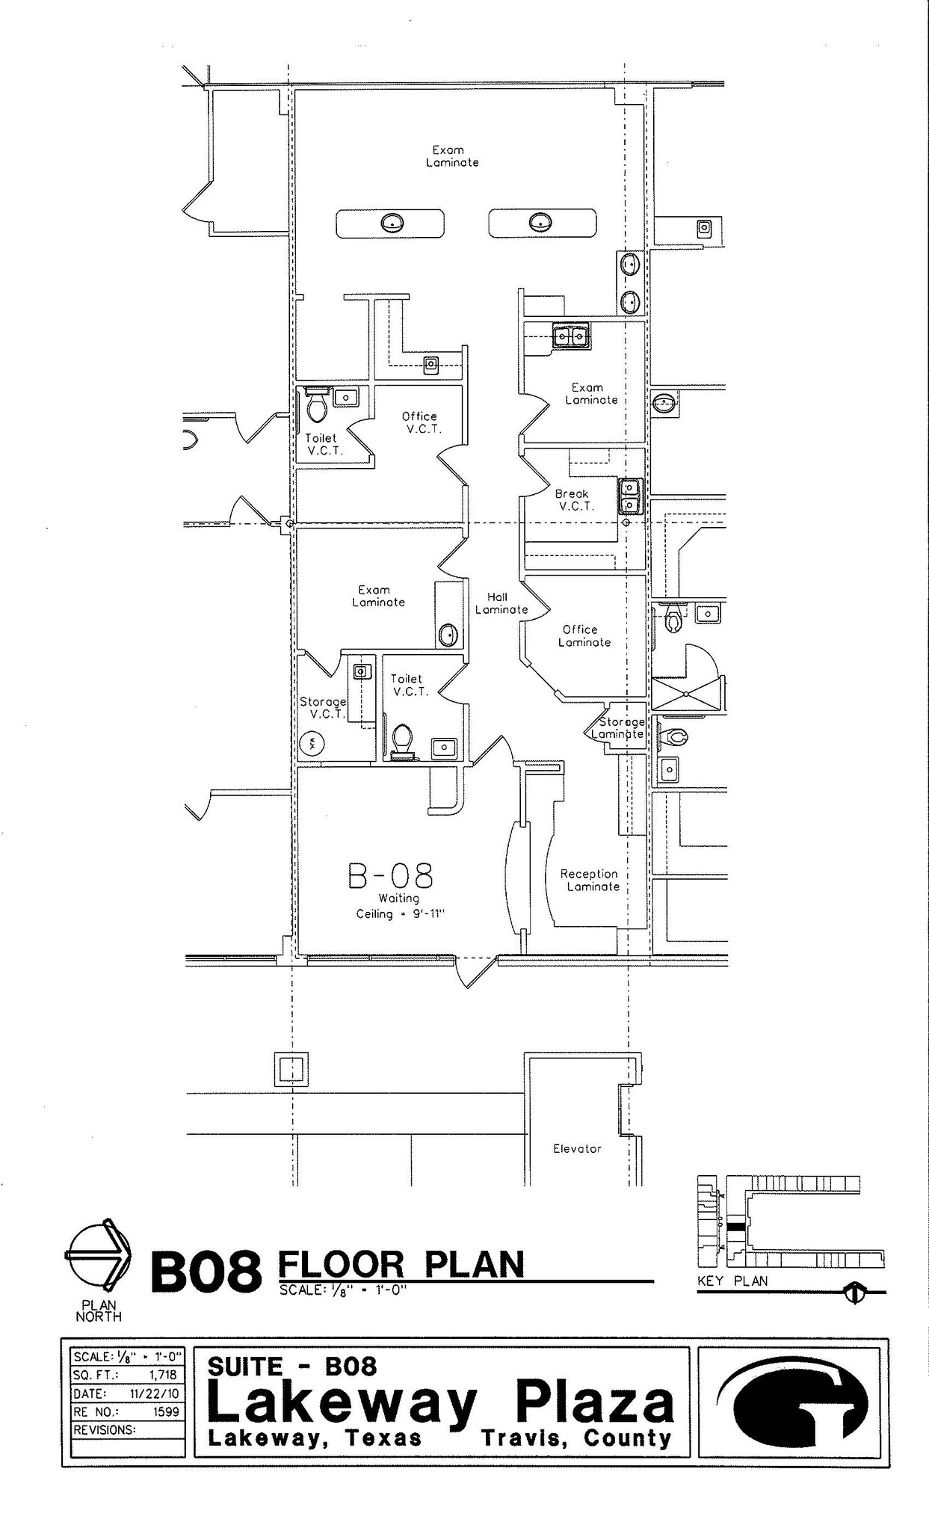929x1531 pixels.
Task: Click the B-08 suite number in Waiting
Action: (391, 875)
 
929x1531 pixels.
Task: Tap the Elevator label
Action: (576, 1148)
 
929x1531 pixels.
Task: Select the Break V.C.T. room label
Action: (574, 499)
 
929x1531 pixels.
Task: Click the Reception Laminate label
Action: (590, 880)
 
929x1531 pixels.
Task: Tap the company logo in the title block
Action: (792, 1401)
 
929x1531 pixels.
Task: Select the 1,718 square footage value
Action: (162, 1374)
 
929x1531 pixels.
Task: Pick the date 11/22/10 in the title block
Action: (154, 1393)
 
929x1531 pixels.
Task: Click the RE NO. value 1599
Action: (165, 1411)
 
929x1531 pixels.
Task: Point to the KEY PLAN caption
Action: (732, 1281)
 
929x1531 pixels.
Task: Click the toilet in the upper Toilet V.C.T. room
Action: (316, 406)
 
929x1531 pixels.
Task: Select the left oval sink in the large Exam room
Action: (392, 222)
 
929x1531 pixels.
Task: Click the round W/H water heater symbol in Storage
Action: (312, 743)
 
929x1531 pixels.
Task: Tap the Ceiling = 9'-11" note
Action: (400, 914)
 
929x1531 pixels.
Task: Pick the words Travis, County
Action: (576, 1438)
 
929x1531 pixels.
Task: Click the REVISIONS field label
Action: (104, 1429)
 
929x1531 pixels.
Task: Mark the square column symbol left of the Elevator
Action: (291, 1070)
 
